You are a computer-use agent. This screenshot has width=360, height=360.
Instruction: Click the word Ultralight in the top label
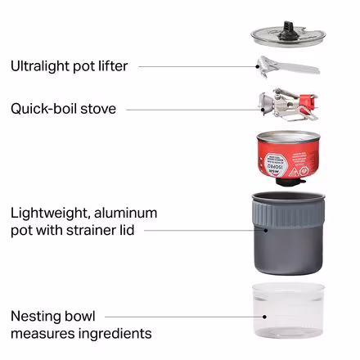40,66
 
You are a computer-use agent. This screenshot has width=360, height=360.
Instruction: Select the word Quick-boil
43,109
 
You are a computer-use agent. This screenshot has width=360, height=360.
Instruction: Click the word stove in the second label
98,109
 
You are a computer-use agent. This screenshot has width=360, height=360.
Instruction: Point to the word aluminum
125,213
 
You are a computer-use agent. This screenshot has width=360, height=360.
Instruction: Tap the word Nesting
36,317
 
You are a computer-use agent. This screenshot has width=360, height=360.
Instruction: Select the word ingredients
115,334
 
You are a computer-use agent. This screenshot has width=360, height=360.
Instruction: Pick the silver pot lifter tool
288,66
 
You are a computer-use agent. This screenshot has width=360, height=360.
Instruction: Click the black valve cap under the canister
289,182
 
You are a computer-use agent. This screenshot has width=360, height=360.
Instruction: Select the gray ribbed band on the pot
289,214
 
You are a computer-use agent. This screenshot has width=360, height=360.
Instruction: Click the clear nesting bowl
288,311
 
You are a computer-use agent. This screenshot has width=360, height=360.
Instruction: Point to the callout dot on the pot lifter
257,66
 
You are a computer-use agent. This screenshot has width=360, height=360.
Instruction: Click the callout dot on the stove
263,110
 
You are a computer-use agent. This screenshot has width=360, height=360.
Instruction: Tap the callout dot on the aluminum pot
266,231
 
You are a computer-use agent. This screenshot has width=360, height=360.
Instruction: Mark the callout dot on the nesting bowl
264,317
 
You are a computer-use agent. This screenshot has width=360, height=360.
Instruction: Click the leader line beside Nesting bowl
184,317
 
